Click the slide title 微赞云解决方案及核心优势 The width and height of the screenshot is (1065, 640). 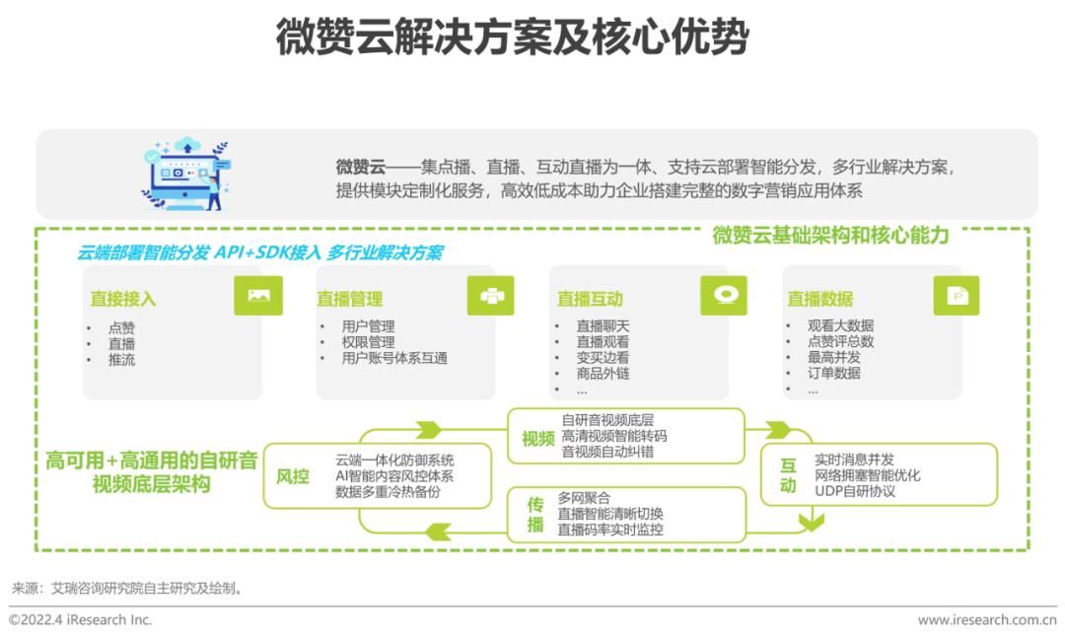pos(512,36)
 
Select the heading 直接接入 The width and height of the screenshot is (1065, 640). pos(123,299)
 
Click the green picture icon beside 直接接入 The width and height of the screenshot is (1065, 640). pos(258,296)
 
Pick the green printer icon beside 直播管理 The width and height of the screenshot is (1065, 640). pos(490,296)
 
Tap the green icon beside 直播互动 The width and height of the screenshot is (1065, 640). pos(724,296)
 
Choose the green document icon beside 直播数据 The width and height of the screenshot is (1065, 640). pos(957,296)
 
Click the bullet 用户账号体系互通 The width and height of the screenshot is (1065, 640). pos(394,358)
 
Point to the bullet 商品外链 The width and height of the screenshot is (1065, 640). pos(603,373)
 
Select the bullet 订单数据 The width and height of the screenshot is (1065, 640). pos(834,373)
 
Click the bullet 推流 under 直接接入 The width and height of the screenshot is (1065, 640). pos(121,359)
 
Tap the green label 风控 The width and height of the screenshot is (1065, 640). pos(293,476)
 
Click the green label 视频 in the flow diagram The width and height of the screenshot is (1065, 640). pos(538,439)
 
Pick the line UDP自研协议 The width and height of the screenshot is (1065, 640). pos(855,491)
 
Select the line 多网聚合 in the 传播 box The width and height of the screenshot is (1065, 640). pos(584,498)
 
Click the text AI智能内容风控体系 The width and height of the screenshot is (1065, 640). pos(394,476)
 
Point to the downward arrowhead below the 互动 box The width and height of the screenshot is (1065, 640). pos(811,523)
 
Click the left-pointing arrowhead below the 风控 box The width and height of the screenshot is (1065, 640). pos(438,531)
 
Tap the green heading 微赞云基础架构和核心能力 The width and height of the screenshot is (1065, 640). pos(830,235)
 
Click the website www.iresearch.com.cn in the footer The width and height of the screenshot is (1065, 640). pos(987,619)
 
